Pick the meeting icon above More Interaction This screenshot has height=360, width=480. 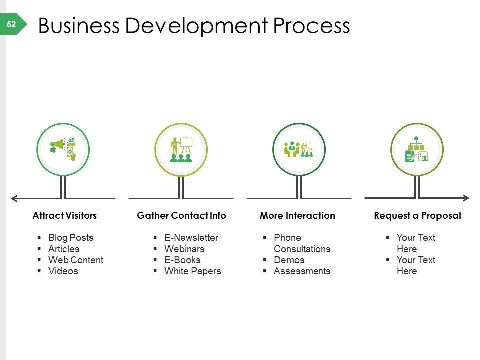(299, 149)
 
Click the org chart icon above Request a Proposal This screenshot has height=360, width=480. (417, 149)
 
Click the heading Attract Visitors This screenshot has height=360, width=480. (65, 216)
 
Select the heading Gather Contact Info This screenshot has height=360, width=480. (181, 216)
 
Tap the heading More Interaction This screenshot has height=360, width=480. (297, 216)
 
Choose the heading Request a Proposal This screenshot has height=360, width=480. (417, 216)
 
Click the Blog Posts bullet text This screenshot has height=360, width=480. (71, 238)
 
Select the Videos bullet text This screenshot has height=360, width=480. (63, 271)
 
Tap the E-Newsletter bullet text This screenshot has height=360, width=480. (191, 238)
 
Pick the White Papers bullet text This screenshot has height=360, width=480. (192, 271)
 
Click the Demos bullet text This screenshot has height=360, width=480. (289, 260)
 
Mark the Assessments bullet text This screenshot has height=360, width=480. (302, 271)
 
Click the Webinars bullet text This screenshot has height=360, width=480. (184, 249)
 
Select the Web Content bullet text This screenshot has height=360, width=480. (76, 260)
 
